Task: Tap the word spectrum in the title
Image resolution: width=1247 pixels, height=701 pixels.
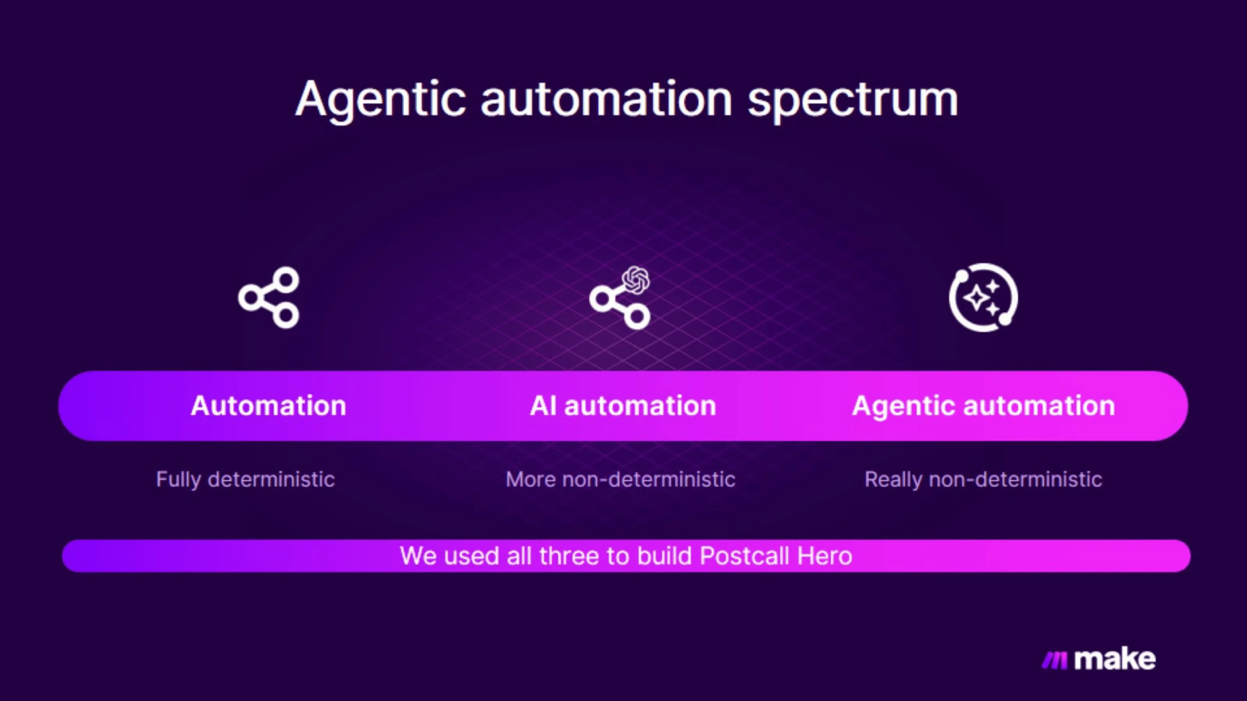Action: coord(853,100)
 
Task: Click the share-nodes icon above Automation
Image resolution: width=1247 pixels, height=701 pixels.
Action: coord(269,297)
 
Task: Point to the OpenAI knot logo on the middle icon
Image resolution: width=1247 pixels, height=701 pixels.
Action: coord(636,280)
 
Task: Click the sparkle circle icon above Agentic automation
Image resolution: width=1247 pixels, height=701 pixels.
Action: coord(983,297)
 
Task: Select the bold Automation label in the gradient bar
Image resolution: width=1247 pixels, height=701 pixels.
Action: coord(268,405)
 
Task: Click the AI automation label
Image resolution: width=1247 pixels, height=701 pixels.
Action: coord(623,405)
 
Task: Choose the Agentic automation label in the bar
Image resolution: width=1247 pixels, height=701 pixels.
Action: coord(983,405)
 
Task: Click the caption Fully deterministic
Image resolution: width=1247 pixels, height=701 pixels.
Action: coord(246,479)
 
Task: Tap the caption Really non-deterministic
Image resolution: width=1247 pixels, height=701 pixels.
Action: coord(983,479)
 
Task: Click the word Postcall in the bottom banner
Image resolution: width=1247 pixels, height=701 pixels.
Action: coord(744,556)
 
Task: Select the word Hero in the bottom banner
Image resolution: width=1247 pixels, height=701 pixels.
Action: coord(825,556)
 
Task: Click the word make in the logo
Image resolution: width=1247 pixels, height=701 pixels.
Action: coord(1115,659)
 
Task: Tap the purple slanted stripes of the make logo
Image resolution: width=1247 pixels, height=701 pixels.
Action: coord(1054,660)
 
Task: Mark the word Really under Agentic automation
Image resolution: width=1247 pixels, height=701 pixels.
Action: coord(893,479)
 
